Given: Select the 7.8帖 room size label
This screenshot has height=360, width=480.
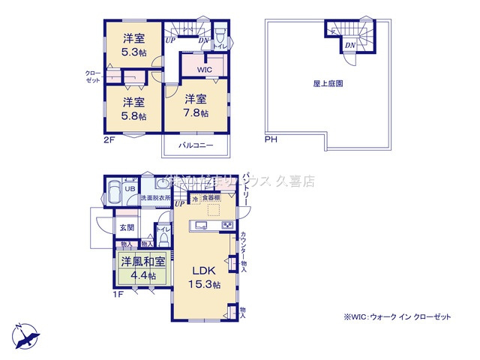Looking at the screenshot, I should click(x=196, y=115).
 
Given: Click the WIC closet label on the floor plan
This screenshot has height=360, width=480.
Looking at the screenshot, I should click(x=204, y=70).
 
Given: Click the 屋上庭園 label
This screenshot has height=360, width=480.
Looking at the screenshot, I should click(x=328, y=85).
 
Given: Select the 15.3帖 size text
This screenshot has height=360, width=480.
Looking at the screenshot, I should click(x=204, y=285).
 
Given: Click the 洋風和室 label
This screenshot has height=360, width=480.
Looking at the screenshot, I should click(x=135, y=262).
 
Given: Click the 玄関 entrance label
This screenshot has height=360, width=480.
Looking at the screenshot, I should click(x=124, y=227).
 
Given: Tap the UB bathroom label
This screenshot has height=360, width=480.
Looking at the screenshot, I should click(x=130, y=190).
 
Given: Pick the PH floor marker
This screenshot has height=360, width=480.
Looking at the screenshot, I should click(x=269, y=139).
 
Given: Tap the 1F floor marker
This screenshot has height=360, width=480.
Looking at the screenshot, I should click(x=118, y=294).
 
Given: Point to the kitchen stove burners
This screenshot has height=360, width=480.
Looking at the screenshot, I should click(x=226, y=225).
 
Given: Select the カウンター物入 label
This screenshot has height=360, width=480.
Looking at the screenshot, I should click(x=244, y=250).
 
